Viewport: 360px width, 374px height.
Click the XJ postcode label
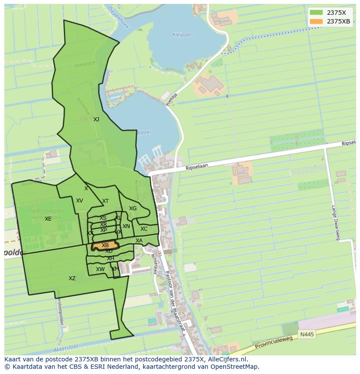[96, 119]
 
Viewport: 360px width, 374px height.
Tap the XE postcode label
[48, 219]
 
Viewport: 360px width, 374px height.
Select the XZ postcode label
[72, 278]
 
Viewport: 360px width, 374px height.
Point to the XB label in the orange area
[105, 245]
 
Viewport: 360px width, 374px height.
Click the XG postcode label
[133, 209]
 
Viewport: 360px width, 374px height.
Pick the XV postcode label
[80, 201]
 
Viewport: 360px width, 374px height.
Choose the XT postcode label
[106, 201]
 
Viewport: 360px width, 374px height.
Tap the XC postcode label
[144, 229]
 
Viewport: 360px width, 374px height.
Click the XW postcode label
[100, 269]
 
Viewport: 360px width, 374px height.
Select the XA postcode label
[139, 241]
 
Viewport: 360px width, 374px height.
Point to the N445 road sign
[306, 334]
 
